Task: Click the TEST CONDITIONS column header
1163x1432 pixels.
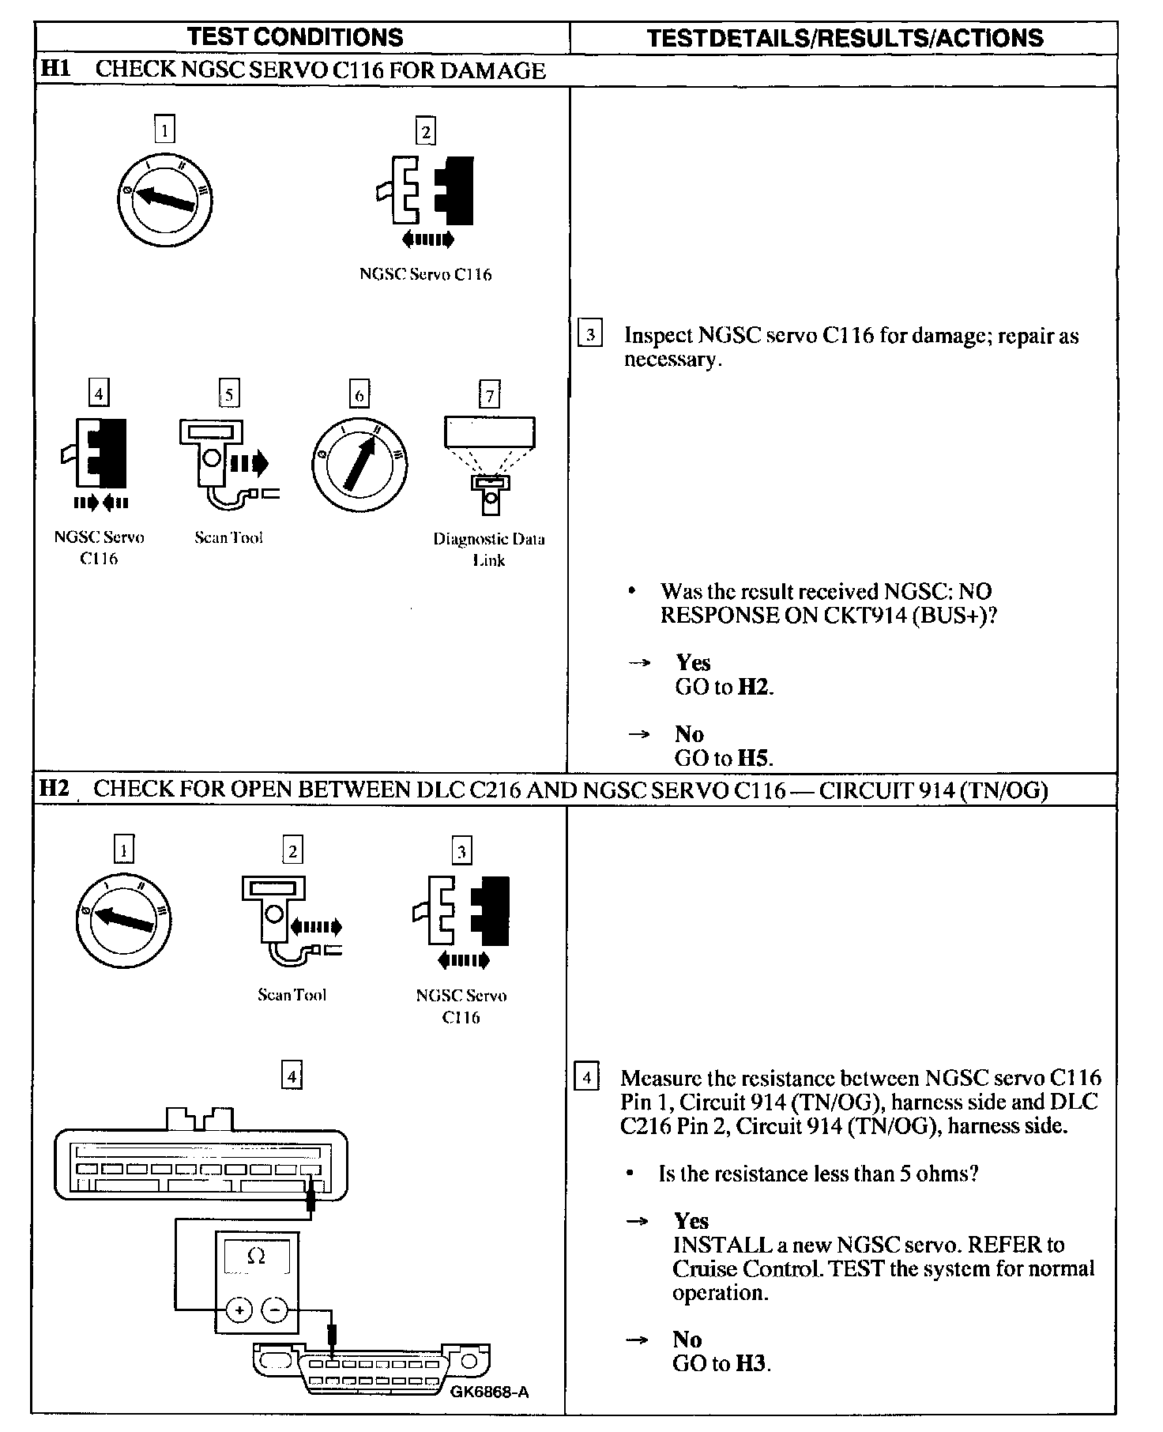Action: tap(295, 37)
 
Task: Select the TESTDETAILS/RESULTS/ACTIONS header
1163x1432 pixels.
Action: tap(845, 38)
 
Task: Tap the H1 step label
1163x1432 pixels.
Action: tap(55, 69)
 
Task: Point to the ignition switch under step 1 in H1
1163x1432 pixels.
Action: tap(164, 196)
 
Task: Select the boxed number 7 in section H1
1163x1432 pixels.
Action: tap(490, 394)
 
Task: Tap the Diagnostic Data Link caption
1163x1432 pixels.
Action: tap(489, 549)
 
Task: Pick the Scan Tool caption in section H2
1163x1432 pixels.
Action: tap(292, 995)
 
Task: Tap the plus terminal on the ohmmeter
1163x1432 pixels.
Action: tap(239, 1310)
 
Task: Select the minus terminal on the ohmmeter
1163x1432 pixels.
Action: tap(275, 1310)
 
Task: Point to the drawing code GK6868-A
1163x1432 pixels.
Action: tap(489, 1392)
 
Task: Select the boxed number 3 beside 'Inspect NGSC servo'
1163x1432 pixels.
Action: tap(590, 334)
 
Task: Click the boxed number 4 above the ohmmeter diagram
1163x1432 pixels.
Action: tap(292, 1076)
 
